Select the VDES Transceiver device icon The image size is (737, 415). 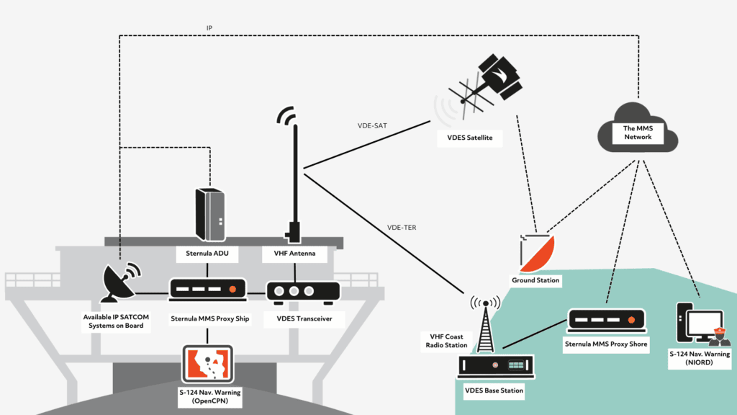click(303, 291)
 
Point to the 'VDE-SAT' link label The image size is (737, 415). click(372, 125)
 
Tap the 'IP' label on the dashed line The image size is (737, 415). click(209, 29)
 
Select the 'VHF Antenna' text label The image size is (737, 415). click(294, 253)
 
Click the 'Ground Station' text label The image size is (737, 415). click(535, 280)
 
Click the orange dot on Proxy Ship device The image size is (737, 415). click(232, 290)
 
